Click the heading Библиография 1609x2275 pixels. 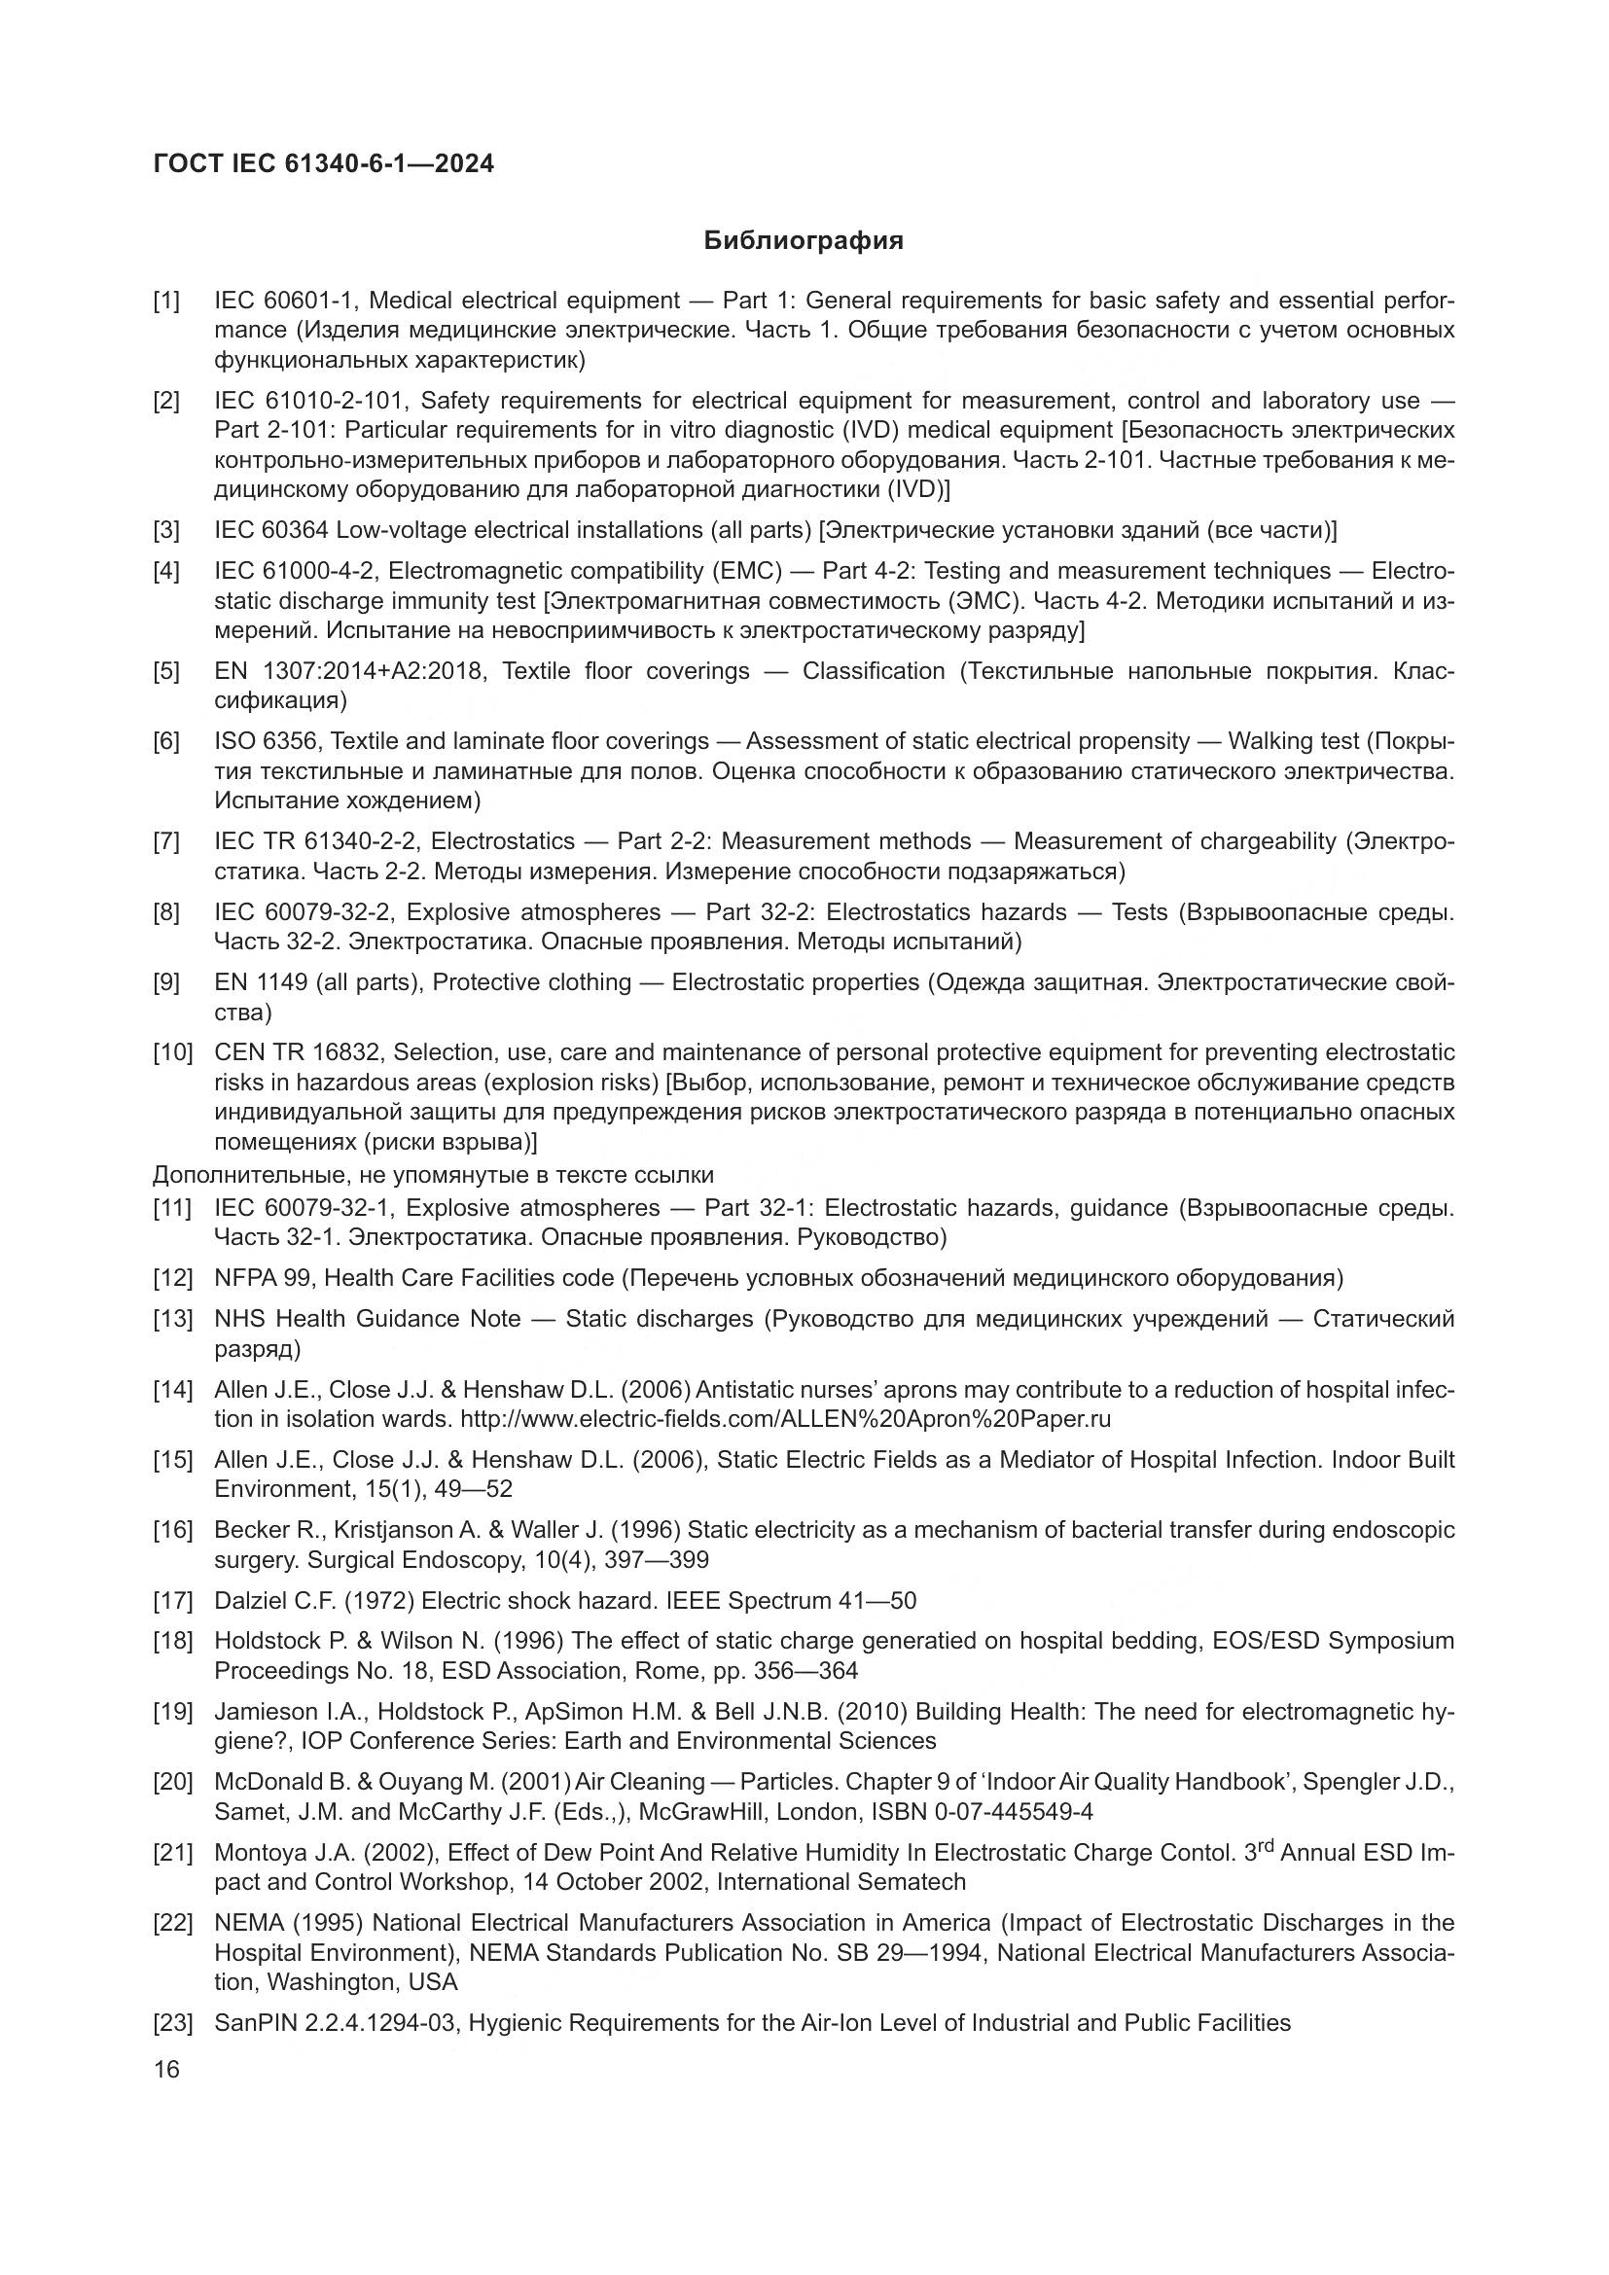click(804, 241)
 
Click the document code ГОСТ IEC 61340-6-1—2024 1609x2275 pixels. click(323, 163)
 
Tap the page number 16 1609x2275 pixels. click(166, 2069)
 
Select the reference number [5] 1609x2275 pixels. click(166, 672)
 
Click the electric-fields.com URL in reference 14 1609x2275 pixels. click(786, 1419)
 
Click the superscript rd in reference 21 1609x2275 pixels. click(1264, 1846)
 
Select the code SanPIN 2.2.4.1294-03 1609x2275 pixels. click(336, 2023)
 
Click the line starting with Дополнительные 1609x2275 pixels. click(433, 1175)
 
